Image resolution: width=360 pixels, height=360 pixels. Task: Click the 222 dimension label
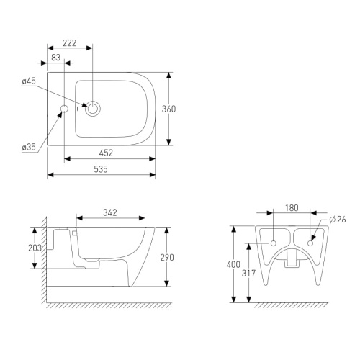pos(69,43)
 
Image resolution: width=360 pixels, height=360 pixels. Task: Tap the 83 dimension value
pos(55,58)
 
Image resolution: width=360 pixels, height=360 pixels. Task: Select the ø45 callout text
pos(29,81)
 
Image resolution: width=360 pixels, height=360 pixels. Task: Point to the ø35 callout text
pos(29,147)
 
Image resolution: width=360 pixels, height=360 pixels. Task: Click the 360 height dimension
pos(168,109)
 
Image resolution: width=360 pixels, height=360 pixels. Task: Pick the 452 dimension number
pos(106,153)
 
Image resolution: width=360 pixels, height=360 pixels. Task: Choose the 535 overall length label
pos(101,169)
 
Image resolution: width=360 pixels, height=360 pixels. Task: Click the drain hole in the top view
pos(93,109)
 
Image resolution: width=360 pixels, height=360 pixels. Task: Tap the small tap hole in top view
pos(64,109)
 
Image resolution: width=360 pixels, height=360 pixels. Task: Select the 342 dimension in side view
pos(110,212)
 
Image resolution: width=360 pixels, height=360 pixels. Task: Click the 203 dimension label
pos(35,248)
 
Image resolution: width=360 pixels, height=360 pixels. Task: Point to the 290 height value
pos(167,258)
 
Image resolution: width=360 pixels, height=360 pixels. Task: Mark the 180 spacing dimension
pos(292,208)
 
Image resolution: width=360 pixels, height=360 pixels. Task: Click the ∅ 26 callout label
pos(338,220)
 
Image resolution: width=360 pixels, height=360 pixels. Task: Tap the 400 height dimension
pos(233,264)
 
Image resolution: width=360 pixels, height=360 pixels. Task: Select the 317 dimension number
pos(248,273)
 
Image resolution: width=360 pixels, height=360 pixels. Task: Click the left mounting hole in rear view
pos(274,243)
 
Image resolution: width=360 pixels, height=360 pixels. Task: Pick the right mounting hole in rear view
pos(310,243)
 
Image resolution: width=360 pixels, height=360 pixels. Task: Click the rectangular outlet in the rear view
pos(292,258)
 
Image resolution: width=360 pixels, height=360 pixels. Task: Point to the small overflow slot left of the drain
pos(78,109)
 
